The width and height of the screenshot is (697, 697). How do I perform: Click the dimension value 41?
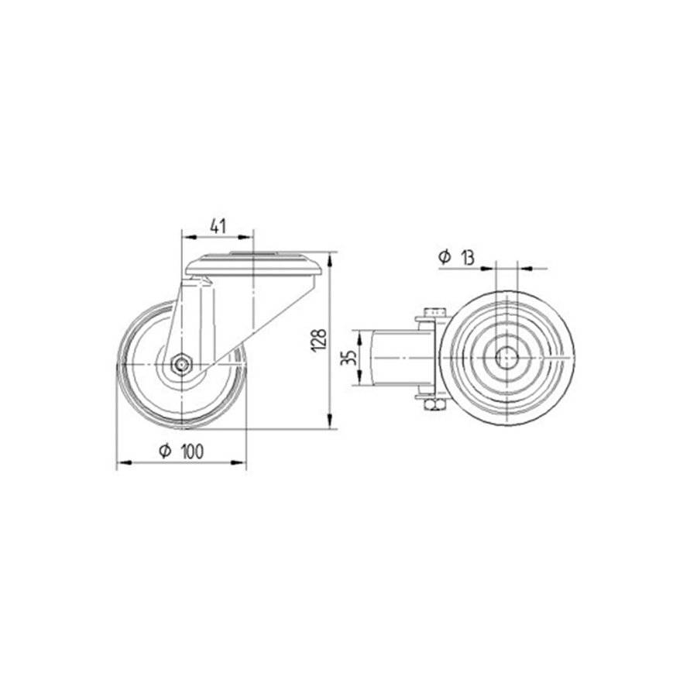pos(218,227)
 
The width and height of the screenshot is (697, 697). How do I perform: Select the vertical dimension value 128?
pos(320,341)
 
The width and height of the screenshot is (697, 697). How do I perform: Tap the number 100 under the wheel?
pos(193,452)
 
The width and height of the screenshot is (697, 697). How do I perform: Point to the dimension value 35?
pos(348,358)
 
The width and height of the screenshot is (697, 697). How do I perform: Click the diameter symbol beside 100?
pos(166,452)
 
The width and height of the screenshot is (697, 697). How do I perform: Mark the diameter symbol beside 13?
pos(445,257)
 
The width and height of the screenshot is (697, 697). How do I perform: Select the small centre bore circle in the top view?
pos(506,358)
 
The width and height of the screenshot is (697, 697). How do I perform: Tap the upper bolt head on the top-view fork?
pos(434,312)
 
